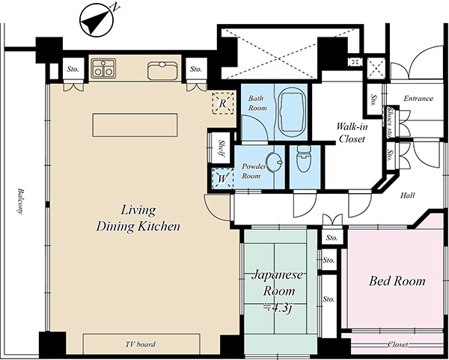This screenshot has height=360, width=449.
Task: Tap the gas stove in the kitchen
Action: click(x=104, y=68)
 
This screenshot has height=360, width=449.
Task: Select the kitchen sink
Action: click(x=162, y=70)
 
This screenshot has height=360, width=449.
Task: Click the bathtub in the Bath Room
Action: click(x=291, y=113)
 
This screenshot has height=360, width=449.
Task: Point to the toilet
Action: click(x=304, y=159)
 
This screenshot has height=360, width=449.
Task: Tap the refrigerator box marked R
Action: click(x=223, y=103)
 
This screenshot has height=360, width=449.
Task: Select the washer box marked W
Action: click(x=222, y=179)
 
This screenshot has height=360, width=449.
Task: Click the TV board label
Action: click(x=141, y=344)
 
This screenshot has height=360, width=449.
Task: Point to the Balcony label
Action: click(x=19, y=201)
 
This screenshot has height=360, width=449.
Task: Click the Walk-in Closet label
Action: click(x=352, y=132)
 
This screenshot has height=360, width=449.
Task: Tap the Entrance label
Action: click(x=418, y=99)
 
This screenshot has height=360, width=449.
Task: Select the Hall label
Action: click(x=408, y=195)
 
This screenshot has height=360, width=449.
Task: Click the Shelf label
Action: click(x=222, y=147)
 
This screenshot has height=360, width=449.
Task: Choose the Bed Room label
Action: click(x=397, y=281)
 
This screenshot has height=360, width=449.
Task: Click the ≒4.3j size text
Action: click(x=278, y=308)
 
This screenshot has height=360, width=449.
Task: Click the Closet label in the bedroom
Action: click(x=398, y=344)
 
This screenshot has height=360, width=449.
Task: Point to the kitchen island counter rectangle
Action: click(x=135, y=125)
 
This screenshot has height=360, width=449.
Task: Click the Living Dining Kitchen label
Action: click(x=138, y=219)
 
